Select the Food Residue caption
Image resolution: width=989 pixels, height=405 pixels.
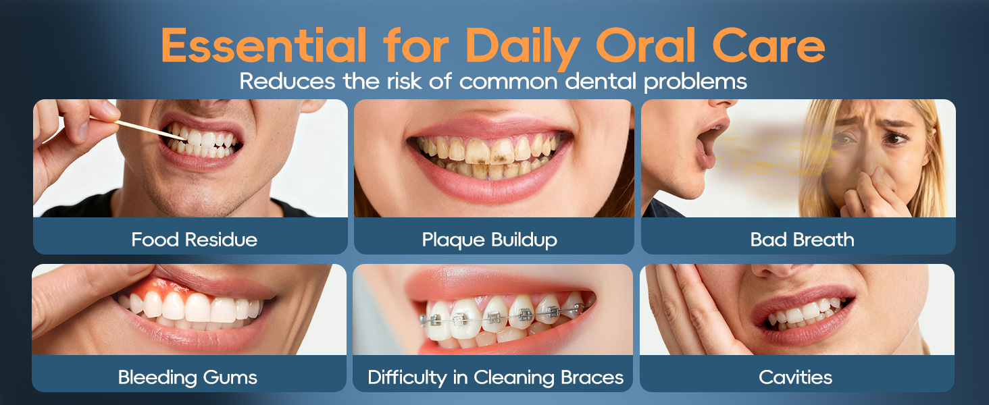pyautogui.click(x=194, y=240)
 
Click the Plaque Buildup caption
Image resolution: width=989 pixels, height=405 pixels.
pyautogui.click(x=489, y=240)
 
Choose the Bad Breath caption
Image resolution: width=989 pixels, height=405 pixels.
pyautogui.click(x=802, y=240)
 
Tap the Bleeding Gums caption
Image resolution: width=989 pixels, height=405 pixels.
pyautogui.click(x=187, y=377)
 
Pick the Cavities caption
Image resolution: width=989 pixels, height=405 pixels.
pyautogui.click(x=795, y=377)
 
